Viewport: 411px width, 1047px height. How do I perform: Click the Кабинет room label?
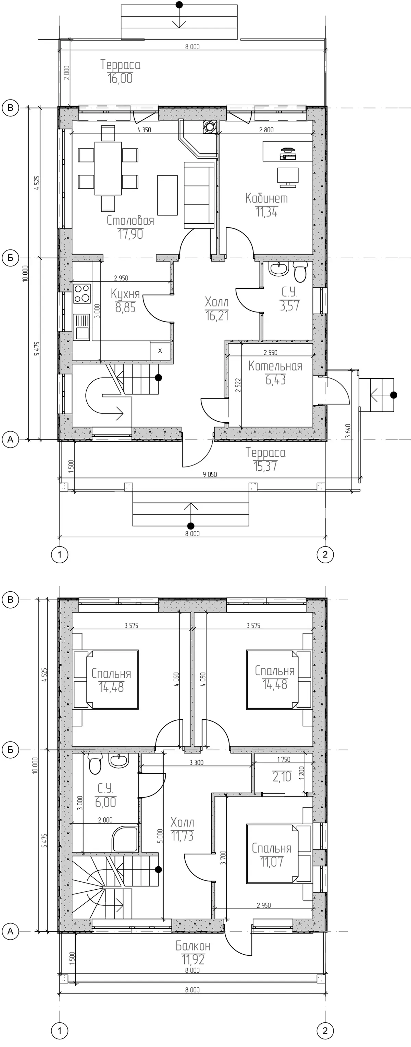click(266, 198)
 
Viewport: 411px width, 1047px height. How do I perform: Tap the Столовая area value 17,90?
click(130, 234)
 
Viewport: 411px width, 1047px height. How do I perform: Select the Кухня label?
click(125, 294)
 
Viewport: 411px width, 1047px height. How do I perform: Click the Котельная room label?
click(275, 366)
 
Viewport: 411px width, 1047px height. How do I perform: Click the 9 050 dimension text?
click(210, 474)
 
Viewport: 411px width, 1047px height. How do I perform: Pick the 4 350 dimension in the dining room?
click(144, 130)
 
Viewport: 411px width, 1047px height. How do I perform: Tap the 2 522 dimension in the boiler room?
click(238, 385)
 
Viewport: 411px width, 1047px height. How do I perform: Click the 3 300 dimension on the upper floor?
click(197, 763)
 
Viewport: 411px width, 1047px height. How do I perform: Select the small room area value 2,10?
click(282, 777)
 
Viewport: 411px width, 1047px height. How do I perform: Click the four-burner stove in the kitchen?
click(82, 293)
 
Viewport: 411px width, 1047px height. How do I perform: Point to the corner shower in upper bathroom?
click(125, 838)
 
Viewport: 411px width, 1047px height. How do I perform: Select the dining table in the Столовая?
click(108, 168)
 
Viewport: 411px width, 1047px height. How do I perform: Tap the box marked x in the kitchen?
click(160, 351)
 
